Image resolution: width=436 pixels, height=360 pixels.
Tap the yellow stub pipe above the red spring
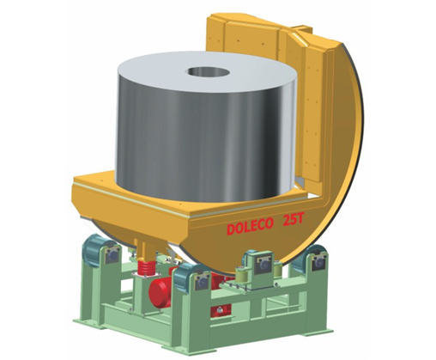click(x=147, y=249)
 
